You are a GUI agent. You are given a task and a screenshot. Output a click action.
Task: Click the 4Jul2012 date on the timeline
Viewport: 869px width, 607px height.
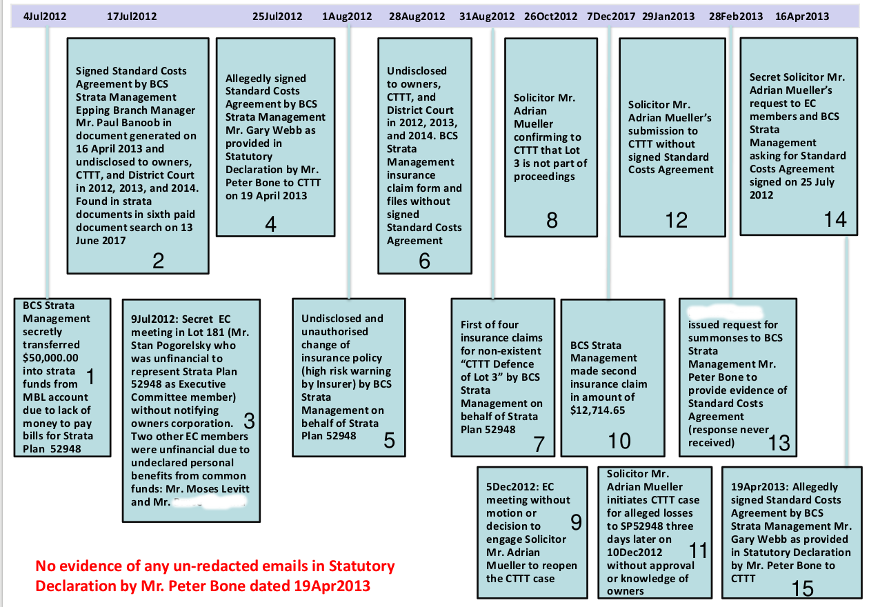pos(45,17)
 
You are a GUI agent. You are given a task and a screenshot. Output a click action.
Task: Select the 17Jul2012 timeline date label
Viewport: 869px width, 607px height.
pos(132,17)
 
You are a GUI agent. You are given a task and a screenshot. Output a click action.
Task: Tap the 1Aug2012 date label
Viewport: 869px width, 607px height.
pos(347,17)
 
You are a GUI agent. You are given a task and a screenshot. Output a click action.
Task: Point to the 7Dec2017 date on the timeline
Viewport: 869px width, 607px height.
pos(611,17)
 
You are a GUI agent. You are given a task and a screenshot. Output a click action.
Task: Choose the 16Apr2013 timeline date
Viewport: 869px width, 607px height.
pos(802,17)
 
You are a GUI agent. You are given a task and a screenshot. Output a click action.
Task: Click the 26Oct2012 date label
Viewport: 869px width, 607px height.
pos(550,17)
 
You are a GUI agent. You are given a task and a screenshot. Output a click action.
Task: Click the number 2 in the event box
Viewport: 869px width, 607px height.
pos(159,260)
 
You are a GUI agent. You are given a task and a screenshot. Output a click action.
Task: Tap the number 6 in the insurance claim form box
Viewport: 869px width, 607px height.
pos(424,260)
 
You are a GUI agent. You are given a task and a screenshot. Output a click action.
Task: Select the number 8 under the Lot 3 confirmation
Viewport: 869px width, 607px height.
pos(552,220)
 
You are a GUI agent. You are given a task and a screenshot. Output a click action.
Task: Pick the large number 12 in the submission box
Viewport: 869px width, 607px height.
pos(676,219)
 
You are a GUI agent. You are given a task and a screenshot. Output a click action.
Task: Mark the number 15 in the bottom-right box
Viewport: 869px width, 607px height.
pos(803,588)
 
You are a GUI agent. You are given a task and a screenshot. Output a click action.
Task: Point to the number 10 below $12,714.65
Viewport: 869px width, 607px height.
pos(619,441)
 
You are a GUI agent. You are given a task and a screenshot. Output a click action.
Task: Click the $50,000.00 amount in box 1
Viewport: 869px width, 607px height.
pos(51,357)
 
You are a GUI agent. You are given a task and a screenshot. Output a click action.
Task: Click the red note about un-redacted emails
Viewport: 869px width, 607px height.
pos(215,576)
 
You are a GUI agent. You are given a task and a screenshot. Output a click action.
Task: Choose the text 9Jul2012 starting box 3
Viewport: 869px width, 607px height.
pos(154,319)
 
